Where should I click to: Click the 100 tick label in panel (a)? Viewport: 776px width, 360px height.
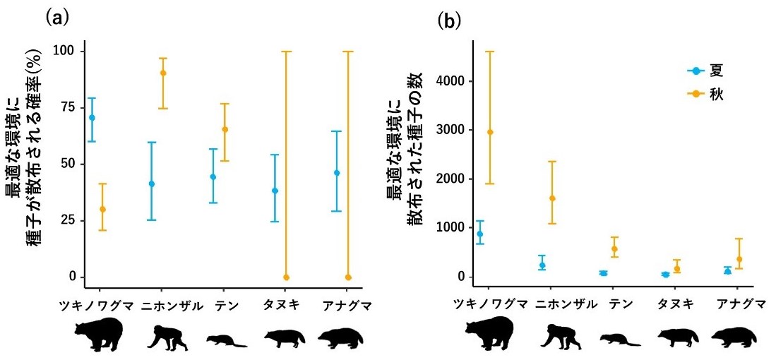(65, 52)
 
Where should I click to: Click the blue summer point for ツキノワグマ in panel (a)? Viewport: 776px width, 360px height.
(92, 117)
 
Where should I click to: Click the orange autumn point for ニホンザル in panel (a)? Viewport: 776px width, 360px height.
(163, 73)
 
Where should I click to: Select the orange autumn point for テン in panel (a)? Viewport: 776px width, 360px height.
(225, 129)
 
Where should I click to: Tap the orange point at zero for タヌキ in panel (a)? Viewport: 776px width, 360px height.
(286, 277)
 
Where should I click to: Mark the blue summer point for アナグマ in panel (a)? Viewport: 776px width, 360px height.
(337, 173)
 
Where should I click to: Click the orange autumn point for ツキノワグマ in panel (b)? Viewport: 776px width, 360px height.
(491, 132)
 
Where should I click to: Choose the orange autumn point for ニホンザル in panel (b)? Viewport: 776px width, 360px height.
(552, 198)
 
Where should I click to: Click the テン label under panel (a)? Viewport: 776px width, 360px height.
(225, 306)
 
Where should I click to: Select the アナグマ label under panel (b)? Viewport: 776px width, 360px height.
(741, 304)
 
